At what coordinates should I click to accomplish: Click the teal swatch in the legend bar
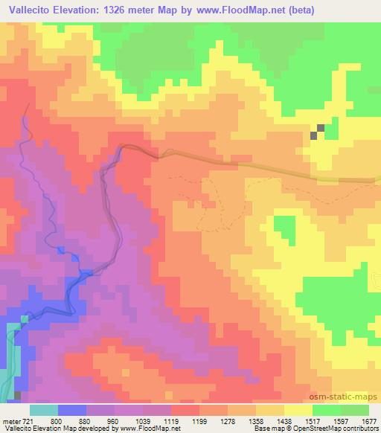(x=44, y=410)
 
